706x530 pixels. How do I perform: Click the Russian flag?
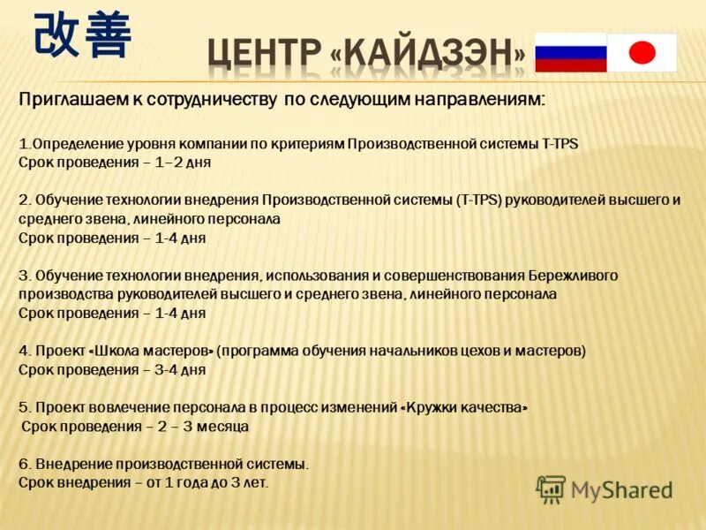click(571, 52)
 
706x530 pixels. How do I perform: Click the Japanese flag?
click(642, 52)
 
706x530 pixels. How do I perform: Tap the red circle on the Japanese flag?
click(642, 53)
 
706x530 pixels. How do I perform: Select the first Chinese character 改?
click(58, 36)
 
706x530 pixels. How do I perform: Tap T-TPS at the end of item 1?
click(558, 143)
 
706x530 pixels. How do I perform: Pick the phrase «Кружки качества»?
click(465, 407)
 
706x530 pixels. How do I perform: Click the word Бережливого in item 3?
click(574, 275)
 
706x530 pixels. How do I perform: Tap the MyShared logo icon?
click(551, 489)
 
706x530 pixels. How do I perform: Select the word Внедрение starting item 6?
click(70, 464)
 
